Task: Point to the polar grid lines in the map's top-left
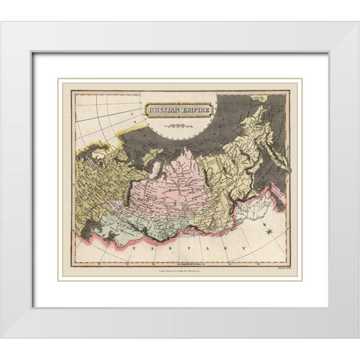[97, 112]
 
